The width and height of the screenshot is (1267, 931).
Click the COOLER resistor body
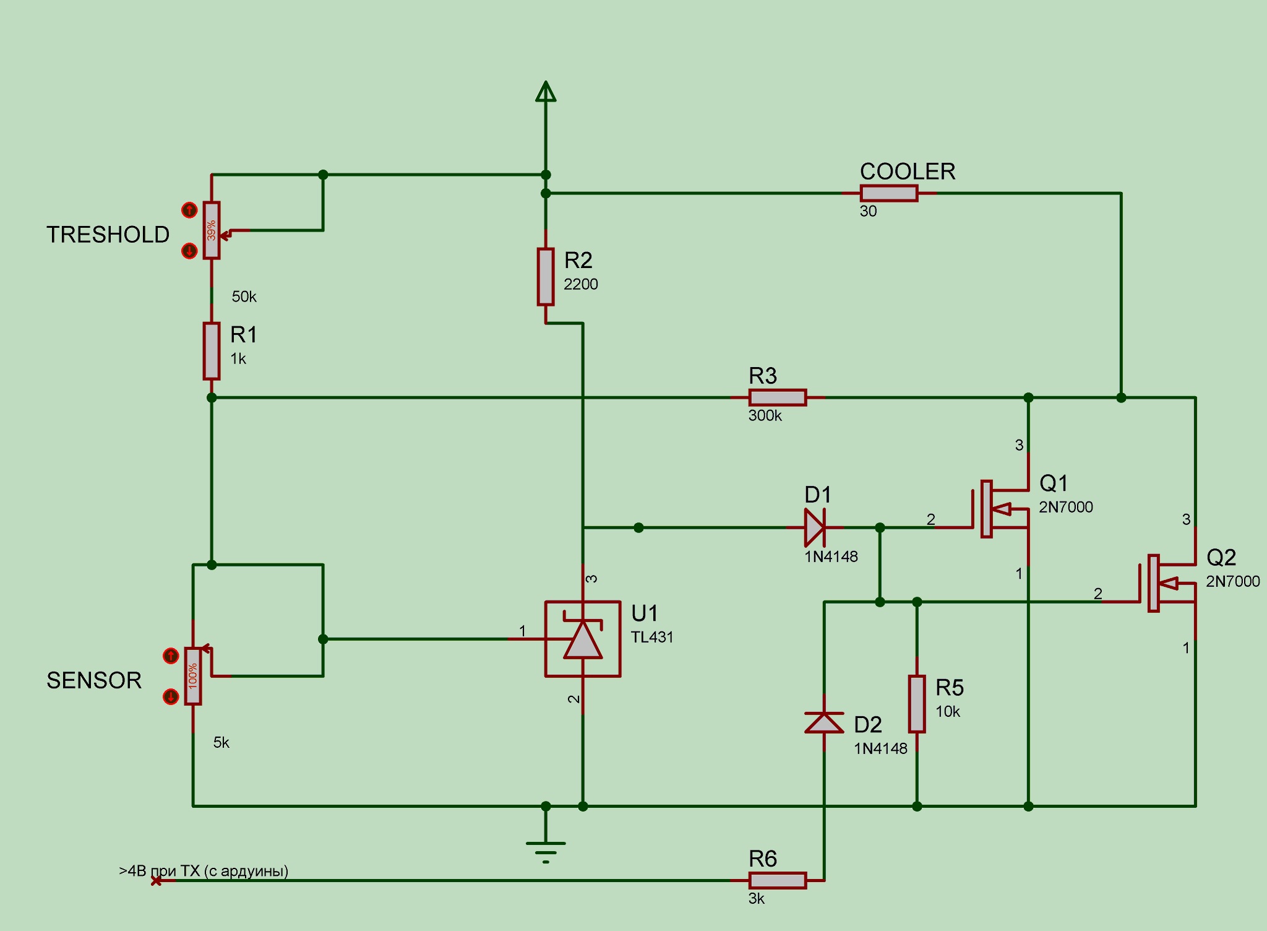point(888,193)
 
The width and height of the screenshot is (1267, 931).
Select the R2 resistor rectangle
point(545,277)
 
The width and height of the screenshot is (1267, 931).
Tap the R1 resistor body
point(212,350)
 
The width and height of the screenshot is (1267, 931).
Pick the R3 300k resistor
point(777,397)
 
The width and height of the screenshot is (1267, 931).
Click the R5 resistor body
point(917,704)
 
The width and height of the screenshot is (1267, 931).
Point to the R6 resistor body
point(777,880)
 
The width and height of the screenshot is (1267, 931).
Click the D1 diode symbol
point(814,527)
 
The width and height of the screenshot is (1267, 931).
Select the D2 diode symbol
point(824,722)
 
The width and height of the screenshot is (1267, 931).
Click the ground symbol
point(546,849)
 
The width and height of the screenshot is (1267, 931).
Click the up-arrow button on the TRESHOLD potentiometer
point(189,210)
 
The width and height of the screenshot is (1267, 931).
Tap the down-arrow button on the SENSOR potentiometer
point(171,697)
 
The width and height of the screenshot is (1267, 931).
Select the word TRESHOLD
point(108,235)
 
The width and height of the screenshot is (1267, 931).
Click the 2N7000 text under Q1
point(1065,507)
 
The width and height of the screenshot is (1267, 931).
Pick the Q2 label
point(1221,558)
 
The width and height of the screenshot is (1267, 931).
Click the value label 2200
point(580,284)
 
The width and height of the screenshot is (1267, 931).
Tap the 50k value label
point(244,297)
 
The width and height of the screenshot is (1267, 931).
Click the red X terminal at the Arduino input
point(157,880)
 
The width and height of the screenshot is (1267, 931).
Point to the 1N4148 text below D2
point(880,748)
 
